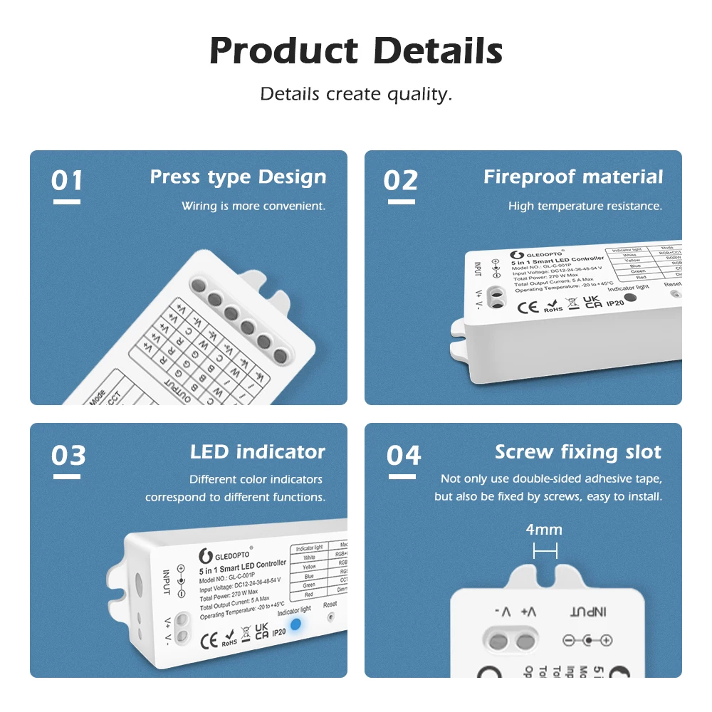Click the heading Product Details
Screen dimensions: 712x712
coord(356,51)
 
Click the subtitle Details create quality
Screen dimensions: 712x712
coord(356,94)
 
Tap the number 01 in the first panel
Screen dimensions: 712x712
coord(67,181)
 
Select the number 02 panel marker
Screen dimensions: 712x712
coord(400,181)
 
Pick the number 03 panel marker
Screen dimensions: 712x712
coord(68,456)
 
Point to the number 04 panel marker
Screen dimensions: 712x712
coord(404,456)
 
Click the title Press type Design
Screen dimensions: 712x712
coord(238,177)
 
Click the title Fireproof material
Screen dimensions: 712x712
coord(573,177)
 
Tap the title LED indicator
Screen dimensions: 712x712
coord(257,452)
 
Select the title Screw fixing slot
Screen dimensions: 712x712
coord(578,452)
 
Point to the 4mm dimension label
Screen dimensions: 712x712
coord(545,530)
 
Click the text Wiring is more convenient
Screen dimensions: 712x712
coord(253,206)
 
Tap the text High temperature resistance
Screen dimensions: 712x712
coord(585,206)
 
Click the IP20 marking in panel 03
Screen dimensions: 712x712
coord(278,632)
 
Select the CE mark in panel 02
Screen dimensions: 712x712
coord(528,308)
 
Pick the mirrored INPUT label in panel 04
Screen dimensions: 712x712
coord(588,612)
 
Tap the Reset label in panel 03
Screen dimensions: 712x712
coord(330,604)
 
